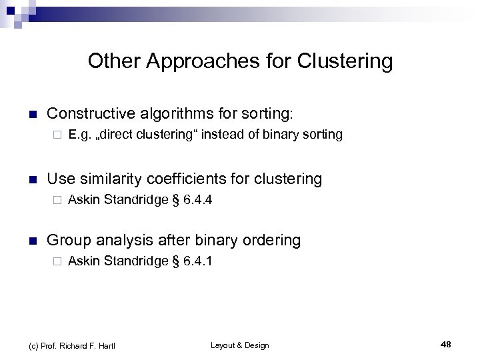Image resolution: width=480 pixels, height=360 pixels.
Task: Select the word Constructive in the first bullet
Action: click(x=87, y=114)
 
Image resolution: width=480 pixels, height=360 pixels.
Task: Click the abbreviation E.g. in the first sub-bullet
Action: click(x=79, y=135)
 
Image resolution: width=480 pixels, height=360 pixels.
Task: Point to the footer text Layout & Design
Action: click(x=239, y=345)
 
